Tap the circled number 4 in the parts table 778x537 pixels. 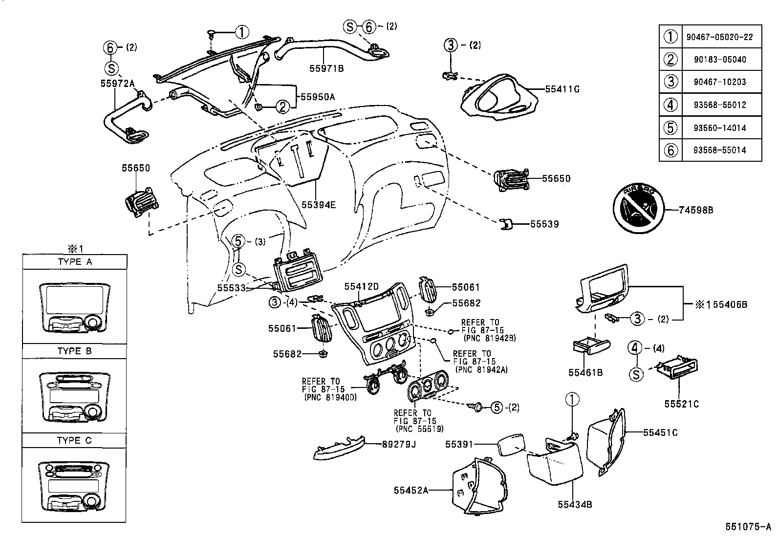click(670, 105)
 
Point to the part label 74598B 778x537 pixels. click(696, 210)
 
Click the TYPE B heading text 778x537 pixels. click(74, 351)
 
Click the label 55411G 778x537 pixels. click(562, 89)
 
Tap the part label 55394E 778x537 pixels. click(318, 205)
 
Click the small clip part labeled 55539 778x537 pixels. click(505, 224)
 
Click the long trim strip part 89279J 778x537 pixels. click(338, 449)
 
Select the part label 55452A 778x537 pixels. click(411, 490)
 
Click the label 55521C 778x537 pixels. click(681, 404)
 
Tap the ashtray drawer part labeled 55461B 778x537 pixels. click(590, 345)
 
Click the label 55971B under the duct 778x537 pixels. click(326, 69)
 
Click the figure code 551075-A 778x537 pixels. click(748, 527)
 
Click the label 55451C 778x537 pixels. click(660, 432)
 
